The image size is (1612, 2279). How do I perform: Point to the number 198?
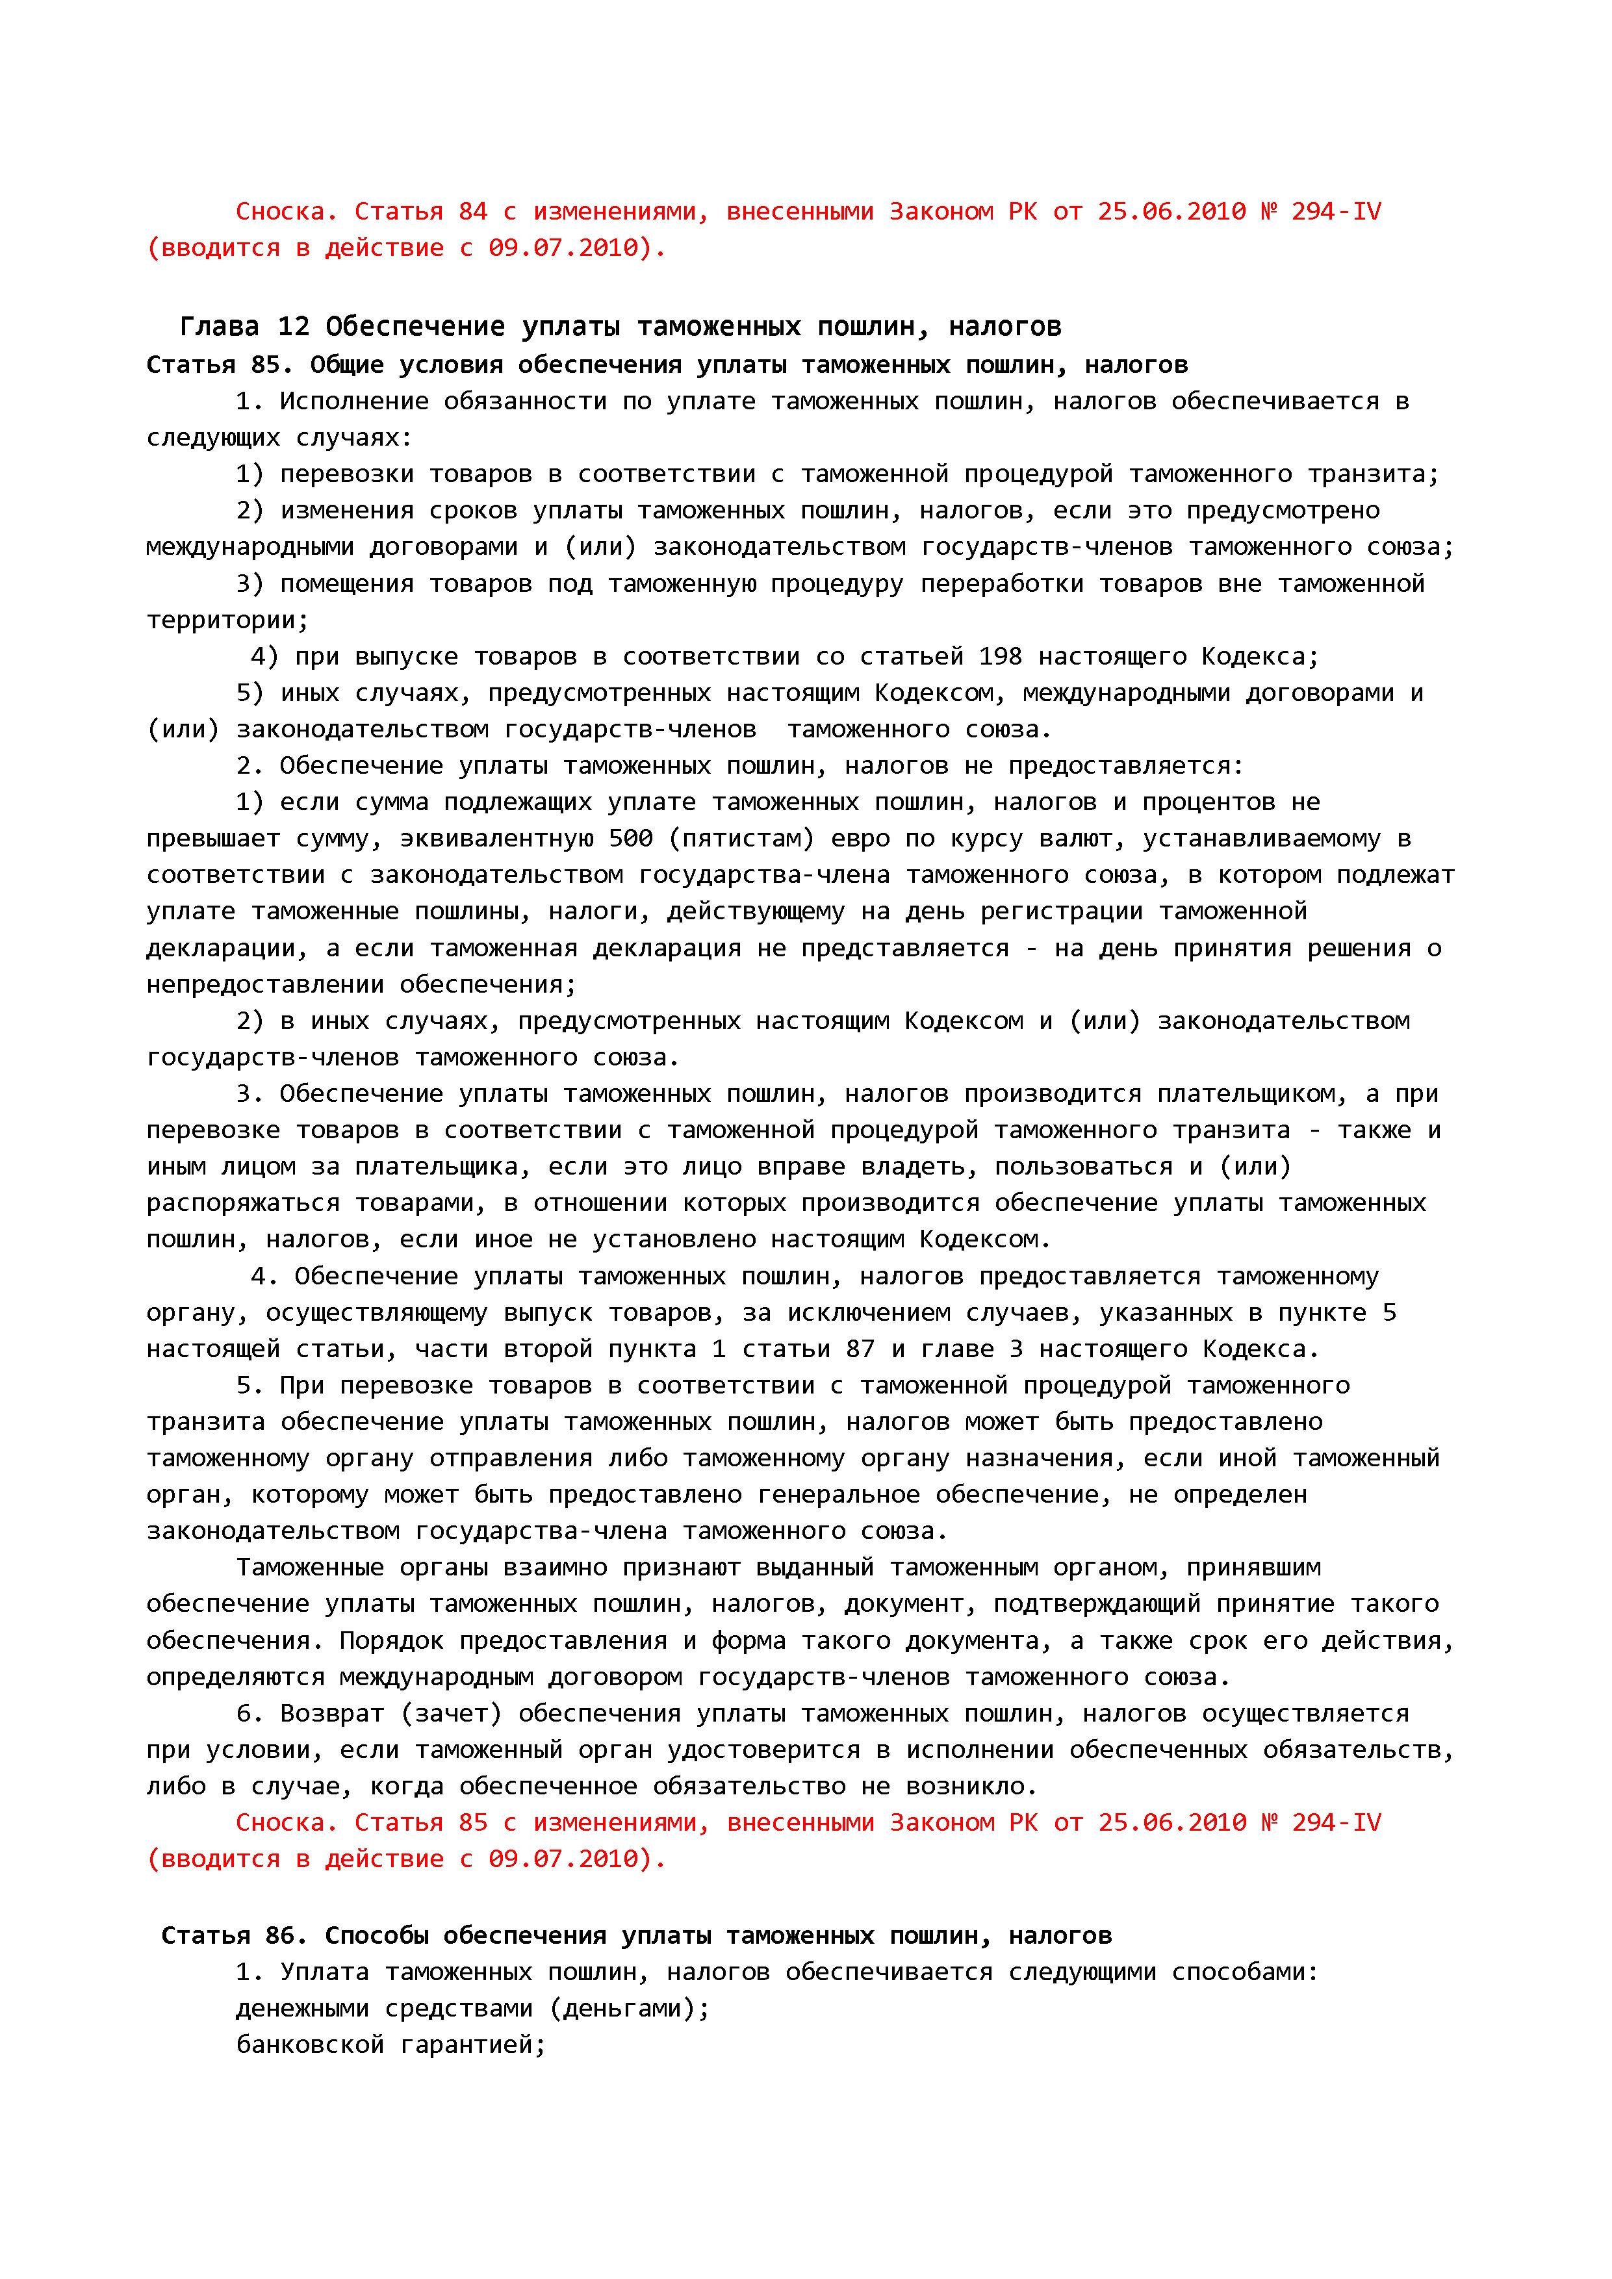click(1001, 657)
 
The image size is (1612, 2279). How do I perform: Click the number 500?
click(630, 839)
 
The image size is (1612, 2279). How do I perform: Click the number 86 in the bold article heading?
click(280, 1935)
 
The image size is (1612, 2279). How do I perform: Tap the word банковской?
click(310, 2044)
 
